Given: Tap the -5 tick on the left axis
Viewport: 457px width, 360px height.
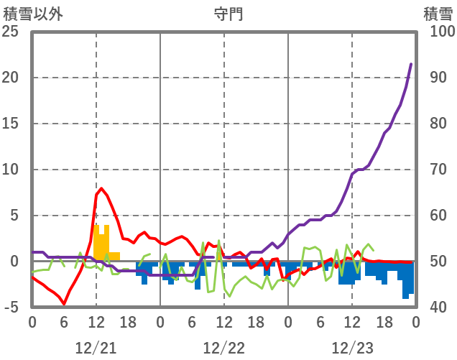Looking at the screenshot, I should tap(11, 308).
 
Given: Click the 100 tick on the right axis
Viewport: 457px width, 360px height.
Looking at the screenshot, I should tap(441, 32).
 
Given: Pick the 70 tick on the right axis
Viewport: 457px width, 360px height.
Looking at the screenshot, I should tap(438, 170).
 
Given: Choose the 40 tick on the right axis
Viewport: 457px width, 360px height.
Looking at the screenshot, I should tap(438, 308).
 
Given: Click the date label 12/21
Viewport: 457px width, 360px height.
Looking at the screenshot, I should tap(96, 348).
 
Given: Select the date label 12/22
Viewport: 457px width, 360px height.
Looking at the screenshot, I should tap(224, 348).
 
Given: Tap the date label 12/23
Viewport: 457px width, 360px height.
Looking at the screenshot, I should tap(352, 348).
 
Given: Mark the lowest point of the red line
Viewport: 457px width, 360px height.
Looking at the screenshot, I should tap(64, 304).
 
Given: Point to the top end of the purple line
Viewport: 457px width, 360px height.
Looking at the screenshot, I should tap(411, 64).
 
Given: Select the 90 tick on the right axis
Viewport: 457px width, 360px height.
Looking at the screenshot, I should tap(438, 78).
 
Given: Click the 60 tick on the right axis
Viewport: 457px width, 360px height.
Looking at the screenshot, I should tap(438, 216).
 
